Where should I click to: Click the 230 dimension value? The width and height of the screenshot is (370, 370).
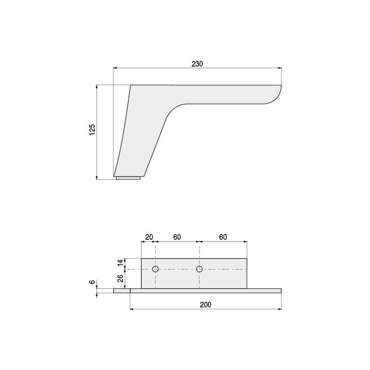pos(197,64)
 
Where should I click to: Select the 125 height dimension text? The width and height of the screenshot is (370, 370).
pos(92,130)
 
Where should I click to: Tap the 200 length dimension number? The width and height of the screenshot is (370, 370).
pos(205,305)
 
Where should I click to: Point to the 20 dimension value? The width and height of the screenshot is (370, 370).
pos(149,237)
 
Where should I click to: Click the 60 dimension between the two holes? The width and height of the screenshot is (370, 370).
pos(177,237)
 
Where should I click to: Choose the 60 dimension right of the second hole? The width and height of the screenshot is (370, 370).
pos(223,237)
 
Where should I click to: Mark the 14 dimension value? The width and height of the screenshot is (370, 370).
pos(120,263)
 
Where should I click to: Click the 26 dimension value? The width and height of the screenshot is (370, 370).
pos(120,279)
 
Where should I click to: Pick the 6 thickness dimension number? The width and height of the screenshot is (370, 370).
pos(92,282)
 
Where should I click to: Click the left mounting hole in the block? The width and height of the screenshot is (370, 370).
pos(156,269)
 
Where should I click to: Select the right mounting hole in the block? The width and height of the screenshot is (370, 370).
pos(199,269)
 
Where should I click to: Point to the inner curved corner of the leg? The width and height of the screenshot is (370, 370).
pos(172,112)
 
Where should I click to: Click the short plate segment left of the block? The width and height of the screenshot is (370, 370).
pos(121,291)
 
